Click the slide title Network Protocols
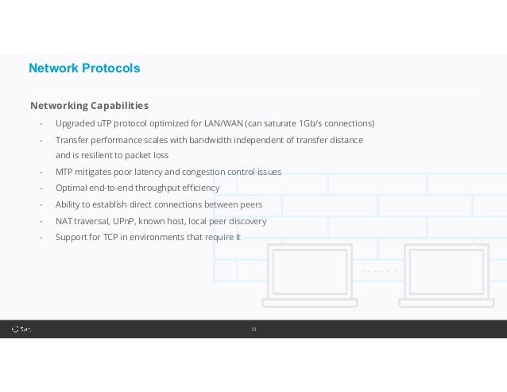84,68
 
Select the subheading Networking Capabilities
89,106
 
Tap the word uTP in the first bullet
105,124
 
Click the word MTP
64,172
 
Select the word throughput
159,188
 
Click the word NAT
64,221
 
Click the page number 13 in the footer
253,328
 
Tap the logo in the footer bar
21,328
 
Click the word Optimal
72,188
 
